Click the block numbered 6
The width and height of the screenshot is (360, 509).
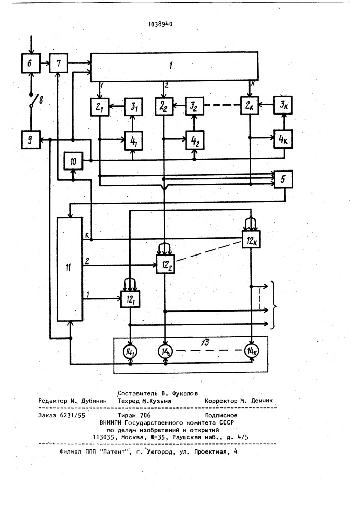31,63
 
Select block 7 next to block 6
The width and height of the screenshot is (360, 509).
59,63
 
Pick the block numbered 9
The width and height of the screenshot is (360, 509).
31,139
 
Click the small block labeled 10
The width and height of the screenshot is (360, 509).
73,161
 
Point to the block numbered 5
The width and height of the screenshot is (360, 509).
284,179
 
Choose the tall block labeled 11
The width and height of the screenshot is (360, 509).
69,269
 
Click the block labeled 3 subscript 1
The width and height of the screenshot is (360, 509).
134,106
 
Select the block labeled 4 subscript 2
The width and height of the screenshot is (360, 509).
195,140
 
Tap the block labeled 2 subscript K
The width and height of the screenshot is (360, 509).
250,105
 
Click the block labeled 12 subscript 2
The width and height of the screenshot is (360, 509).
166,264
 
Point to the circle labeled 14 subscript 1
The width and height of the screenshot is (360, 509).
130,352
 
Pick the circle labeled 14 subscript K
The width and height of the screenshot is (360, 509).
251,351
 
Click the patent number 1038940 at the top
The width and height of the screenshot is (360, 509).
160,24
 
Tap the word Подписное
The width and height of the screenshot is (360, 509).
221,415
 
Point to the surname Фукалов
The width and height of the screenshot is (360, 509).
184,394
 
